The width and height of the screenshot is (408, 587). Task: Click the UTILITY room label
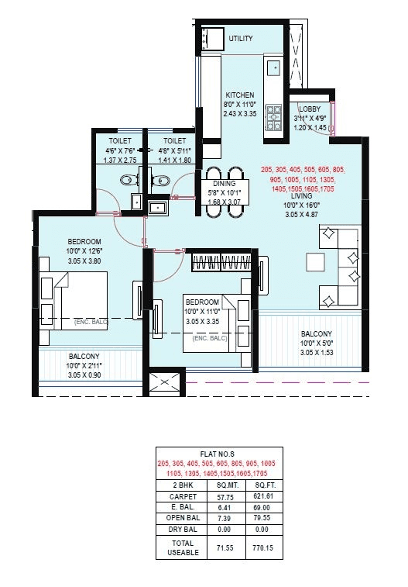click(240, 38)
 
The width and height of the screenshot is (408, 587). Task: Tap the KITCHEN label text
click(239, 95)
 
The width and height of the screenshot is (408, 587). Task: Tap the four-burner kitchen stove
click(274, 117)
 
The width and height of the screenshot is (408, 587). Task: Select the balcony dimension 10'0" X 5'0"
click(317, 344)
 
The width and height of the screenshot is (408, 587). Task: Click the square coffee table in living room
click(316, 262)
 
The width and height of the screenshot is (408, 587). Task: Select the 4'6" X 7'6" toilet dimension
click(115, 150)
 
